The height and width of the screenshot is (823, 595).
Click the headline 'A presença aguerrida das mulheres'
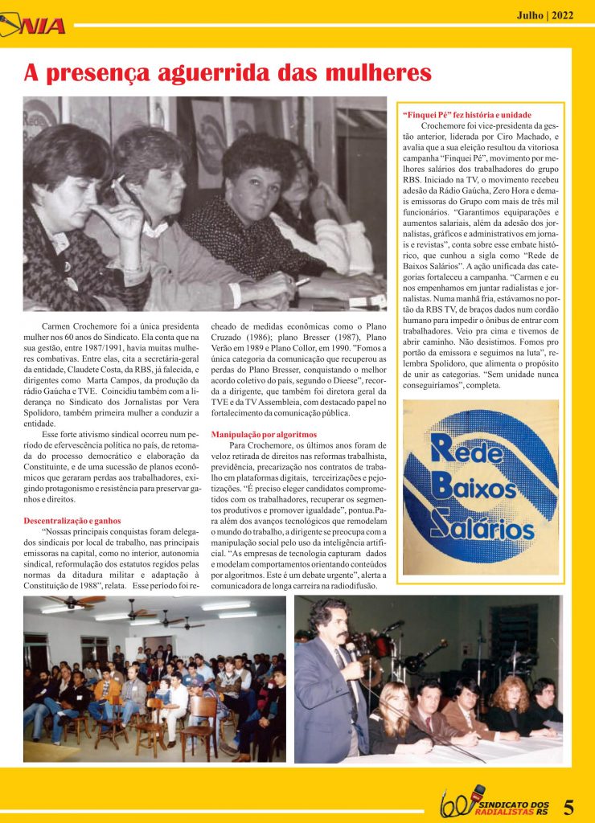tap(228, 73)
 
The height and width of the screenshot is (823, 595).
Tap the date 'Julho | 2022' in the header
tap(544, 14)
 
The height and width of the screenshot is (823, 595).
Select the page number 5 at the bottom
tap(568, 805)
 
